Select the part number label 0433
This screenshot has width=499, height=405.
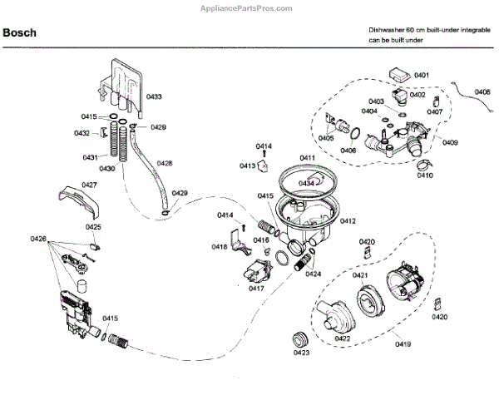[155, 97]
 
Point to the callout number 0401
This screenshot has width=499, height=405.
[422, 76]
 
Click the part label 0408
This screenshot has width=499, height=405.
[482, 91]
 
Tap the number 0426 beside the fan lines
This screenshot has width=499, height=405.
[38, 240]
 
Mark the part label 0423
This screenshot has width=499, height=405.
[300, 353]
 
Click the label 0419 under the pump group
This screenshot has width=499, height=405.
[403, 343]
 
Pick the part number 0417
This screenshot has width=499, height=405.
[256, 289]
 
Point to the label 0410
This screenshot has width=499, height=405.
[425, 175]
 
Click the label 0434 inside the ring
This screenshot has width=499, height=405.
[306, 182]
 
